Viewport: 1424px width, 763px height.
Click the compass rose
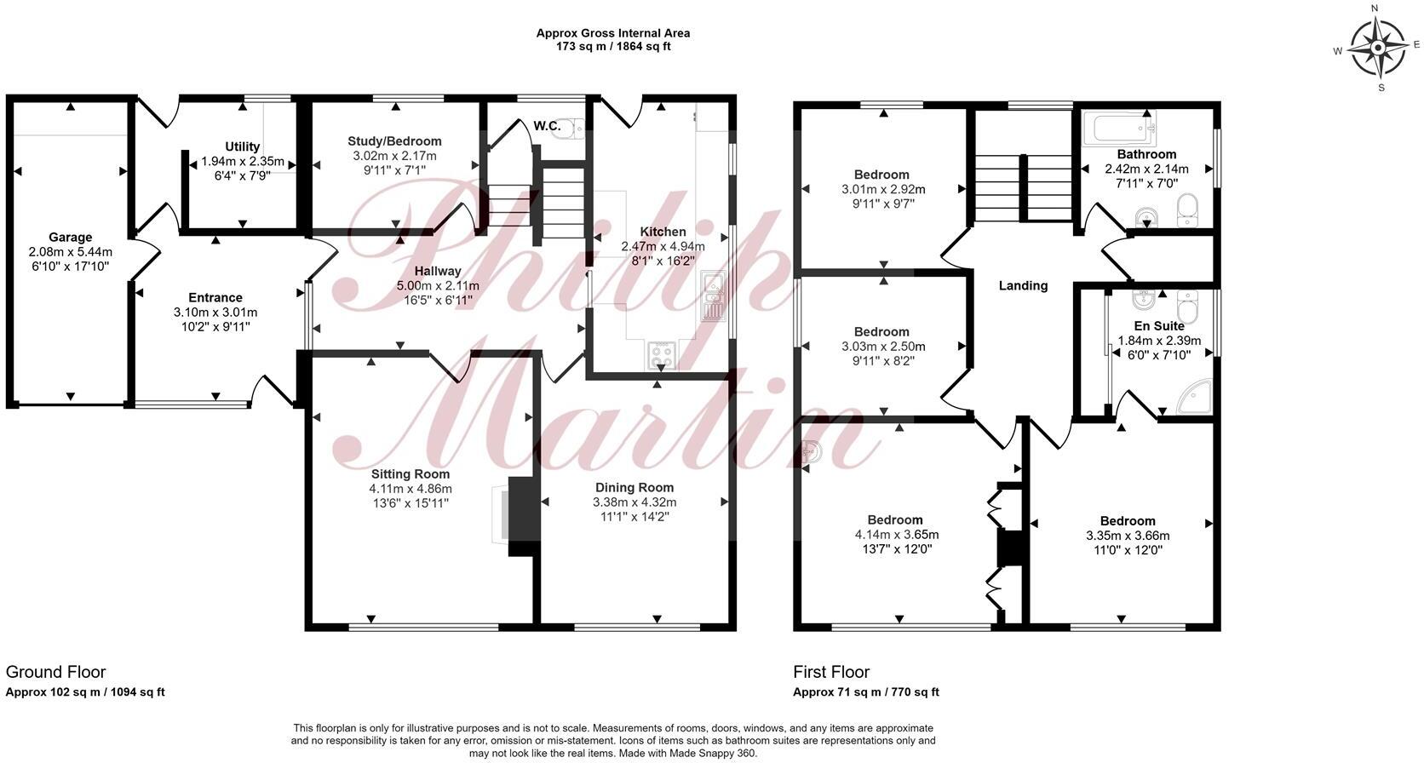pos(1377,48)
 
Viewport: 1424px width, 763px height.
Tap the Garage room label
pos(70,238)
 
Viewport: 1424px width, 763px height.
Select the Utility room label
pos(243,146)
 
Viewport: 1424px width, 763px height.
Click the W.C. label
pos(547,126)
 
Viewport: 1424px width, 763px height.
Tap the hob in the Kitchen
pos(662,354)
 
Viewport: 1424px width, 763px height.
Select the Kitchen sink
pos(712,296)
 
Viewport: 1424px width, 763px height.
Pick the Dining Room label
pos(634,488)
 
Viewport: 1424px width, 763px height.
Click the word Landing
pos(1023,285)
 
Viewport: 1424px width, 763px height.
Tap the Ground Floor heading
pos(56,672)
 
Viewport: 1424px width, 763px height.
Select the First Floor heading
pos(831,672)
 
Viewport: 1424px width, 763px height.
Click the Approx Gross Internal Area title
pos(613,33)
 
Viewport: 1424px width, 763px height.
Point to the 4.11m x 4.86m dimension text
pos(411,489)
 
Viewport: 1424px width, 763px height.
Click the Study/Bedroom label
pos(394,141)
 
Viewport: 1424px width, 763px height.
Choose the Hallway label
pos(438,271)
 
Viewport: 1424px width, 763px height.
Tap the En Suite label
pos(1159,325)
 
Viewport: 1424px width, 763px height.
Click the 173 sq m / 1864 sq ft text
pos(613,47)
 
